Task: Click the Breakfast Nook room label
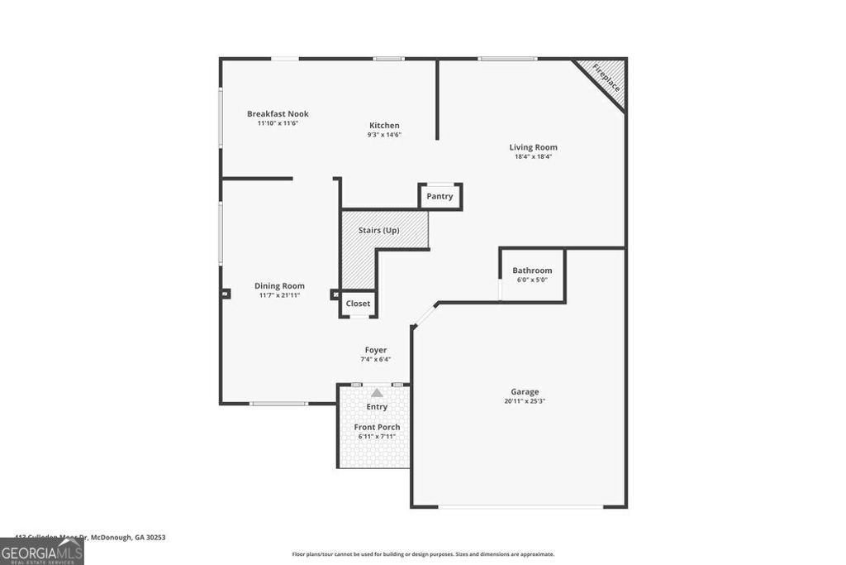278,114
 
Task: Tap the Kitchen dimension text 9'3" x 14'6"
384,135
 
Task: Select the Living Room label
533,147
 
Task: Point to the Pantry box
440,196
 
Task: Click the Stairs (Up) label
379,230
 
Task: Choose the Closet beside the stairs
358,304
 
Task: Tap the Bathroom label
532,271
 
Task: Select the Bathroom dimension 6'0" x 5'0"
532,280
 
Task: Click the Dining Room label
279,285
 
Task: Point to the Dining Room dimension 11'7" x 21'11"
279,294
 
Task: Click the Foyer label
376,350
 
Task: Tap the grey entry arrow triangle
377,393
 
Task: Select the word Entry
377,407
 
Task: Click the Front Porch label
377,427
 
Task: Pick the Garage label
525,392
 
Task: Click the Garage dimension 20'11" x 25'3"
525,401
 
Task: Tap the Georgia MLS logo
41,551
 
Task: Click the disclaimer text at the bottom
423,554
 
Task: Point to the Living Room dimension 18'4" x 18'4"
533,156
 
